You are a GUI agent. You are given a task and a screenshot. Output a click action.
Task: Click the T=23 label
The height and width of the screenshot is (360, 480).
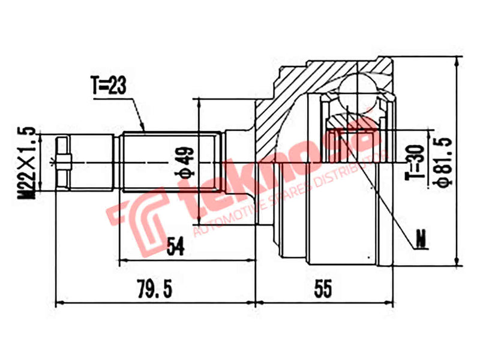coord(108,86)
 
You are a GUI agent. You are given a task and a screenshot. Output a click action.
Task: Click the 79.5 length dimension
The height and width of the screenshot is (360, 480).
coord(155,289)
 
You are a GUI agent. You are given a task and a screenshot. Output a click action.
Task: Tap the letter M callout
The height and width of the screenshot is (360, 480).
coord(422,241)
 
